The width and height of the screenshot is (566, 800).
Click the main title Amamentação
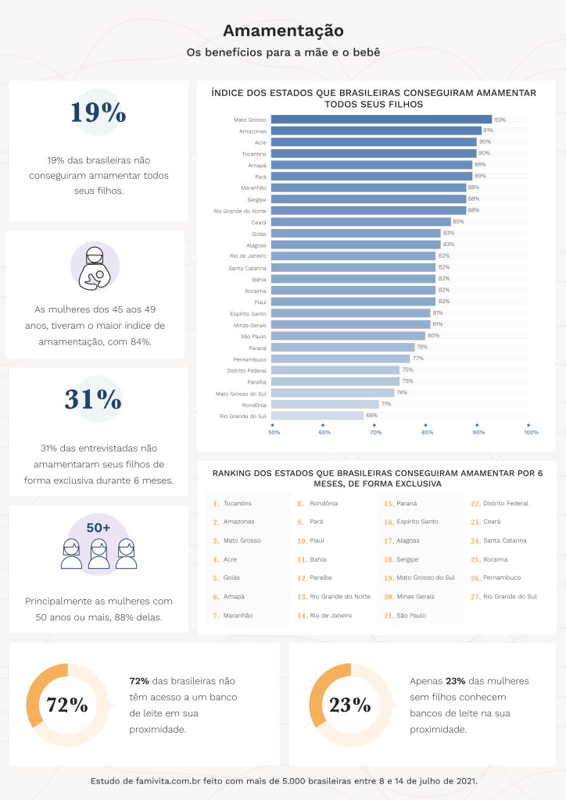tap(283, 30)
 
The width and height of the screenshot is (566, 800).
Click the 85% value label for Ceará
tap(458, 222)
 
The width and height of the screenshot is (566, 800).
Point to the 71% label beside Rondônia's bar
tap(386, 404)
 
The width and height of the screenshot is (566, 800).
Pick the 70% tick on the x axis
tap(376, 432)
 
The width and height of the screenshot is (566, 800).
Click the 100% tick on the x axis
tap(532, 432)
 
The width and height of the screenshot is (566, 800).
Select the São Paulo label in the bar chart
tap(253, 336)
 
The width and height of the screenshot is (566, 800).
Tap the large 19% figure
tap(98, 112)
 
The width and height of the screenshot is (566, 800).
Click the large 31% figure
tap(93, 399)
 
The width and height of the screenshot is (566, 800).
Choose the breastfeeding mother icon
tap(95, 266)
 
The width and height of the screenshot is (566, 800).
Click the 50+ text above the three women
tap(98, 528)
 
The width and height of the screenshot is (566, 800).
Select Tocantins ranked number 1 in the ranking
tap(238, 503)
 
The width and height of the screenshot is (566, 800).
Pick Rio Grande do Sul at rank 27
tap(510, 597)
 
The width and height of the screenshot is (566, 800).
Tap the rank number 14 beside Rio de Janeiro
tap(302, 616)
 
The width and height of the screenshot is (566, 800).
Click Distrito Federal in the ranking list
tap(506, 503)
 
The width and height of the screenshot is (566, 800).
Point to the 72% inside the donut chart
tap(67, 705)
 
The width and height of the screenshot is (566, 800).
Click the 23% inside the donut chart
tap(349, 705)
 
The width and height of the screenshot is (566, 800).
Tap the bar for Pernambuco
tap(341, 359)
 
